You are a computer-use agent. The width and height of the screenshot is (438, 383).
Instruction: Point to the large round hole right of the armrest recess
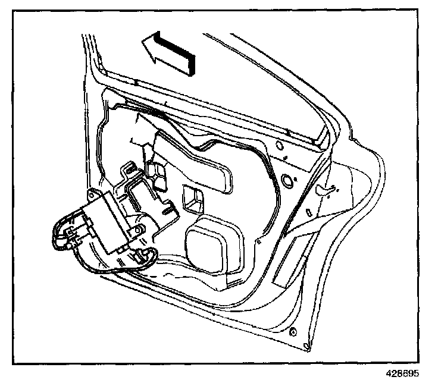pyautogui.click(x=287, y=179)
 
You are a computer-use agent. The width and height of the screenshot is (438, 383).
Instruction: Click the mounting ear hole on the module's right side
pyautogui.click(x=139, y=229)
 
